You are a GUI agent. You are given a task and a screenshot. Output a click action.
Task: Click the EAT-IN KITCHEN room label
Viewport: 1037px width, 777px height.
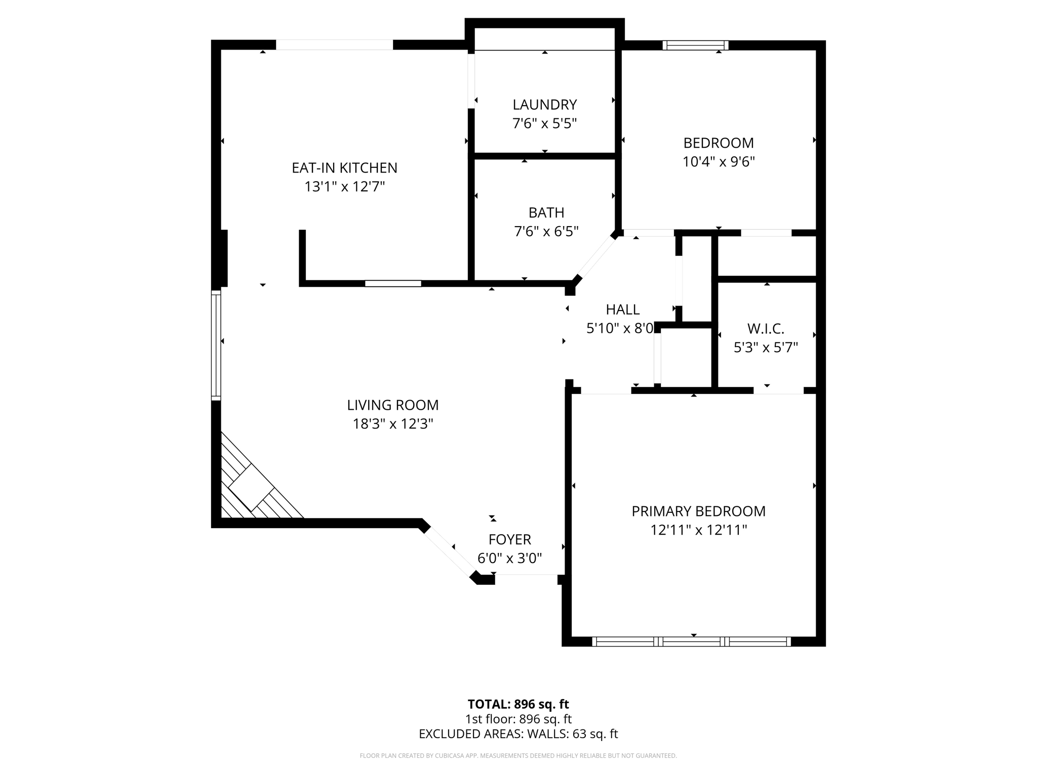click(x=344, y=167)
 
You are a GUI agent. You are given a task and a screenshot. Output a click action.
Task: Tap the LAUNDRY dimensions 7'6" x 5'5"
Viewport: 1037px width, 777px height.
click(x=544, y=123)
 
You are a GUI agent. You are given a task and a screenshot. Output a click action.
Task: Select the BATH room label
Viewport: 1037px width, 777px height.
click(x=546, y=212)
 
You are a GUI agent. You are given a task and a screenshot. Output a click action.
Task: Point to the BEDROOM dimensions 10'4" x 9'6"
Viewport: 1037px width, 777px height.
click(x=719, y=162)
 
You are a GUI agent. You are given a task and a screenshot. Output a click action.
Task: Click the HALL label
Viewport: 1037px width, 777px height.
click(x=622, y=309)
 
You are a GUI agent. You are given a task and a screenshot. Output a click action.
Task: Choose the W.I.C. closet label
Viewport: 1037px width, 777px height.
click(x=766, y=329)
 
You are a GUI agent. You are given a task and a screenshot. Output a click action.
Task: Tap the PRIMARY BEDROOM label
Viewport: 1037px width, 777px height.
click(x=698, y=511)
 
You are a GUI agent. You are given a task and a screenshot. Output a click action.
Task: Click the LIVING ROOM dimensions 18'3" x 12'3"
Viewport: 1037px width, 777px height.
click(x=393, y=424)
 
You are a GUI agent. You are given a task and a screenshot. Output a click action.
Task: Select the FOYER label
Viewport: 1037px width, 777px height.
click(x=509, y=539)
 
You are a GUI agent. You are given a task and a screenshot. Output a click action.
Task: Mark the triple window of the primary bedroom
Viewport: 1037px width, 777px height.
click(x=691, y=641)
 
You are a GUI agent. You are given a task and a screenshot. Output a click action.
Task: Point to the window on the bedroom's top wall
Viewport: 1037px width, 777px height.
click(x=695, y=45)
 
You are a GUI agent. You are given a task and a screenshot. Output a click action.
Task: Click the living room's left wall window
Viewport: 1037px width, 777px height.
click(x=216, y=345)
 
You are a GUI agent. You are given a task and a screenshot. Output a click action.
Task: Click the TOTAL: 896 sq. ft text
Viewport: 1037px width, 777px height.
click(x=518, y=704)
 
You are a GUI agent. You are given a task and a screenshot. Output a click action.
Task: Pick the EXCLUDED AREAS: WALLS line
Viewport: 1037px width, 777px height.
click(x=518, y=733)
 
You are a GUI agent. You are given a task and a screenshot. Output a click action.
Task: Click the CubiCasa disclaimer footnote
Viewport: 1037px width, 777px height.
click(x=518, y=756)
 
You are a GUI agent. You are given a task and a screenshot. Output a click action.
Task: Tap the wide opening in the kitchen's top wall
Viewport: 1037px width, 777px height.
click(x=334, y=45)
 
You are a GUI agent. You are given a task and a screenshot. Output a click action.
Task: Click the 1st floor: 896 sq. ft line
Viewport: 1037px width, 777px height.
click(x=518, y=719)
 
